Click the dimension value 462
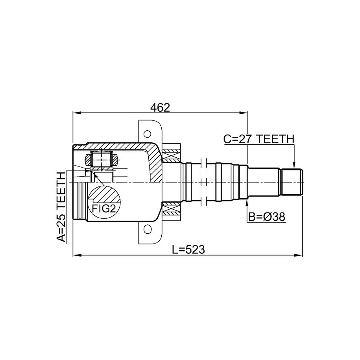160,107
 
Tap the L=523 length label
188,249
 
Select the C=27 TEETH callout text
259,139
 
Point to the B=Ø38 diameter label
267,217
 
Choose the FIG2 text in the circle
103,209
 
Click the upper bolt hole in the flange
147,134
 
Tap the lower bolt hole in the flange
147,229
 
